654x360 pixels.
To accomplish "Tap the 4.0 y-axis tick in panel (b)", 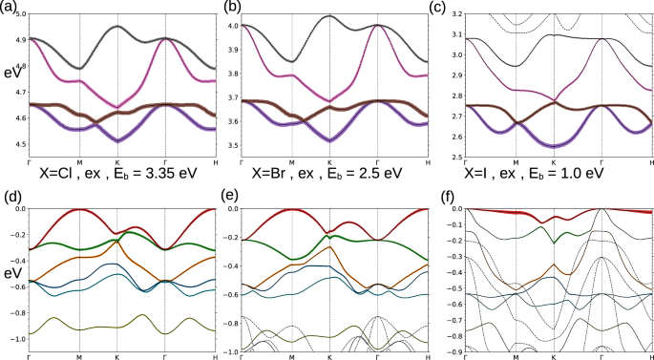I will pyautogui.click(x=232, y=25).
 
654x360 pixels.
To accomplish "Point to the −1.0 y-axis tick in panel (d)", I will pyautogui.click(x=16, y=339).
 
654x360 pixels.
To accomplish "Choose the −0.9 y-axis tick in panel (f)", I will pyautogui.click(x=452, y=351).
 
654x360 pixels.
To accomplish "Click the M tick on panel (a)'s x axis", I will pyautogui.click(x=79, y=164).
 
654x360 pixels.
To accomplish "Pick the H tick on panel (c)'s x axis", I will pyautogui.click(x=648, y=164).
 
